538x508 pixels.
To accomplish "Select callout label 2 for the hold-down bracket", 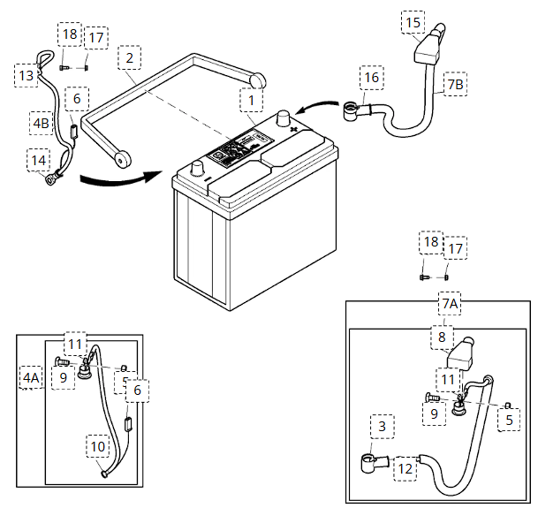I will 129,59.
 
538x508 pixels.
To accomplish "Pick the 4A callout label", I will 31,379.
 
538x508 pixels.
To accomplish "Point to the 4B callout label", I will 41,124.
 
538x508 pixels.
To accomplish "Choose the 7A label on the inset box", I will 450,305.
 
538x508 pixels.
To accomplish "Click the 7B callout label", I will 455,85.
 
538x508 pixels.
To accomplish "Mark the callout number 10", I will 98,447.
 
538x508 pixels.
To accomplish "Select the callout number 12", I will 405,467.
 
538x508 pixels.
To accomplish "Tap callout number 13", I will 26,77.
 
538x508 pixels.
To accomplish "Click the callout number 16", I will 371,78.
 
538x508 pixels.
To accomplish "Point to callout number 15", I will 413,21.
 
